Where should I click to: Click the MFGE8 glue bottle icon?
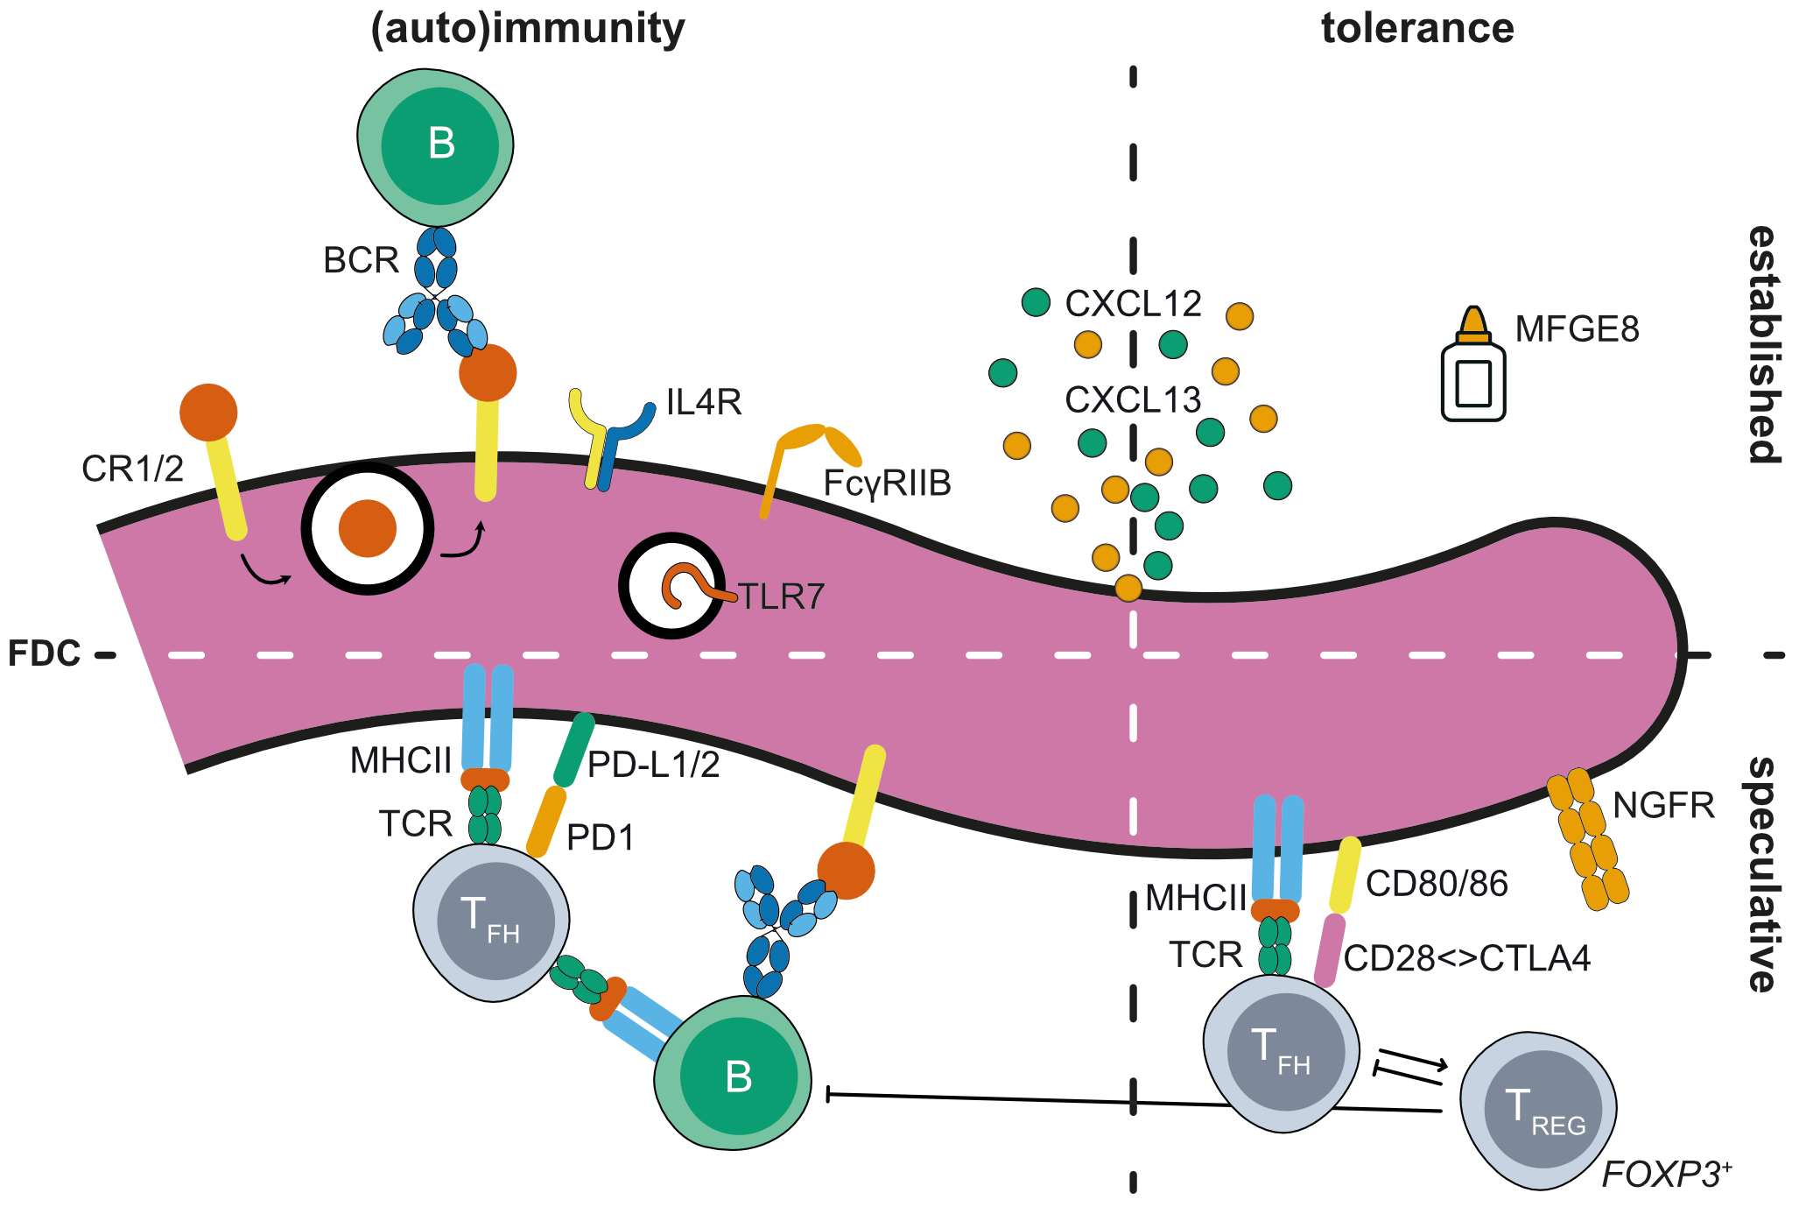pyautogui.click(x=1473, y=368)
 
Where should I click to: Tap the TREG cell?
pyautogui.click(x=1538, y=1111)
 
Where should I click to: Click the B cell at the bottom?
pyautogui.click(x=734, y=1074)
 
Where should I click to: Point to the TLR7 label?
pyautogui.click(x=782, y=597)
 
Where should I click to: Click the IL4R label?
pyautogui.click(x=704, y=403)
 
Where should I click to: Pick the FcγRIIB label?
pyautogui.click(x=887, y=484)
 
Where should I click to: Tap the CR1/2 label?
pyautogui.click(x=132, y=469)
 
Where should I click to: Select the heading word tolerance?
pyautogui.click(x=1417, y=29)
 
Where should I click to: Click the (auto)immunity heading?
pyautogui.click(x=528, y=29)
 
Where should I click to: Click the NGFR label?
pyautogui.click(x=1662, y=805)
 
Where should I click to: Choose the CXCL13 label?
pyautogui.click(x=1133, y=400)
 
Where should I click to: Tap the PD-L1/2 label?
pyautogui.click(x=653, y=765)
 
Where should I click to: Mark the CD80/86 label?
pyautogui.click(x=1437, y=884)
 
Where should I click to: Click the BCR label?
pyautogui.click(x=361, y=260)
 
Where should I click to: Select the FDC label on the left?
pyautogui.click(x=45, y=653)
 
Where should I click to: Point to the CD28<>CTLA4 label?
pyautogui.click(x=1467, y=959)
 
